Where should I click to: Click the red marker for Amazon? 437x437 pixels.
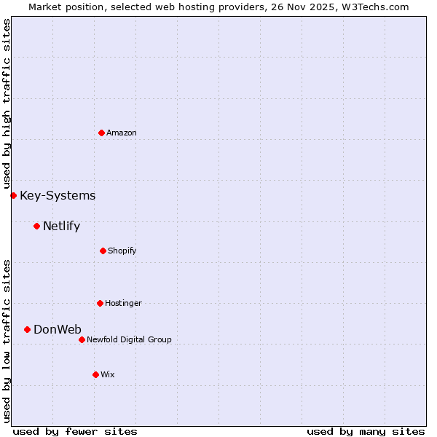pos(101,133)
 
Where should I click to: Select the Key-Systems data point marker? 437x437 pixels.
pos(13,195)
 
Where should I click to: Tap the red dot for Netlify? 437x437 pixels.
pos(36,226)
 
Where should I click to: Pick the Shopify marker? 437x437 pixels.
pos(103,251)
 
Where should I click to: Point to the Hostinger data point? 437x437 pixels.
pos(100,303)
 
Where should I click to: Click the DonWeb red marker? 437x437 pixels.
pos(27,329)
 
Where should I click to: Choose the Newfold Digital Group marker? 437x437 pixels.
pos(82,339)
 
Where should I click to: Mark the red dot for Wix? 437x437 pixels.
pos(95,374)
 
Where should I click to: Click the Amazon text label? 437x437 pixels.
pos(122,133)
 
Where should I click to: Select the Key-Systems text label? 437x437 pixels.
pos(58,195)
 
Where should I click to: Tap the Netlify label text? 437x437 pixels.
pos(61,226)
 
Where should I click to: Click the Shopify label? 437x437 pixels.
pos(122,251)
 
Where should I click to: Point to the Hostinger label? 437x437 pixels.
pos(123,303)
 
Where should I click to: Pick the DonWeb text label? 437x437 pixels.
pos(58,329)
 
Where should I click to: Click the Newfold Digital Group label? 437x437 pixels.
pos(129,339)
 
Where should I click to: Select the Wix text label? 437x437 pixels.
pos(108,374)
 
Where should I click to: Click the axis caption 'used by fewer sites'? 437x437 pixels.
pos(75,431)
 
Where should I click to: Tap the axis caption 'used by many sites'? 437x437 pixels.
pos(366,431)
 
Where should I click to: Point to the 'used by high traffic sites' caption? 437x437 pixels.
pos(7,103)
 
